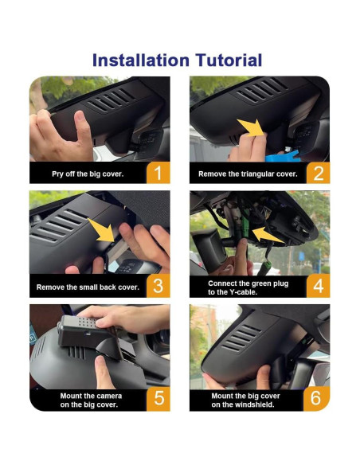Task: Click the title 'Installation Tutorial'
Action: point(177,60)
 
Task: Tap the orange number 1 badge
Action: point(158,173)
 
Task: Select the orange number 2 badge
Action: point(317,173)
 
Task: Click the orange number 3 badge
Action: point(158,285)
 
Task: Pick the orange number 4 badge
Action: point(317,285)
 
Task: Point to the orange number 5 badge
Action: point(158,398)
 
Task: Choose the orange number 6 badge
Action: point(317,398)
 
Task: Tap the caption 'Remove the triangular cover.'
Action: point(248,174)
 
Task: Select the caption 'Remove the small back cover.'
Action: point(88,286)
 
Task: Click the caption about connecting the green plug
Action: point(248,287)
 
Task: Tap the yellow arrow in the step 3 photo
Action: point(102,231)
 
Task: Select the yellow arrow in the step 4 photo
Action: point(269,236)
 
